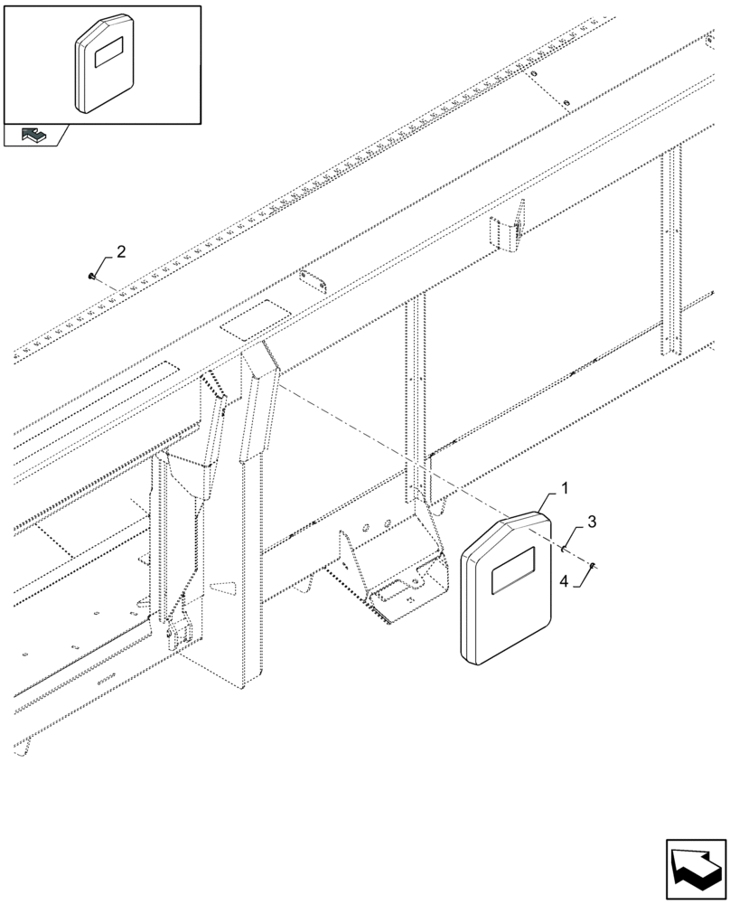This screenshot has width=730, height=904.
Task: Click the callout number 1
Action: (x=564, y=489)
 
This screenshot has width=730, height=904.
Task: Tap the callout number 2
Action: (x=122, y=250)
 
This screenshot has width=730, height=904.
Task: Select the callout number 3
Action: (x=591, y=522)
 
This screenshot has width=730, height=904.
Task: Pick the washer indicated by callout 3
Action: (x=565, y=548)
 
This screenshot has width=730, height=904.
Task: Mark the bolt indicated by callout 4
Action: (x=592, y=566)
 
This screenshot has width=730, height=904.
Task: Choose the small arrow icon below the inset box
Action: (x=35, y=136)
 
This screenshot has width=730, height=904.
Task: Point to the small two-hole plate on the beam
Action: (x=313, y=281)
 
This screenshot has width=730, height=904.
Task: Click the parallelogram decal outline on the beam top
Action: (x=257, y=322)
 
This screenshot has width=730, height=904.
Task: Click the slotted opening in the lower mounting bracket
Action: (x=394, y=592)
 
